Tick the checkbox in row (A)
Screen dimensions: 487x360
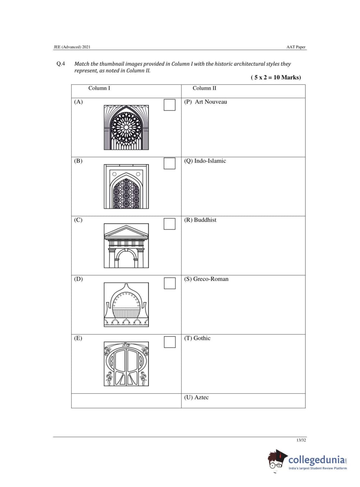[x=170, y=105]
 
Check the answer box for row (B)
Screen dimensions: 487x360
[x=170, y=163]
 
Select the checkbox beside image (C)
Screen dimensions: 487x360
[x=170, y=224]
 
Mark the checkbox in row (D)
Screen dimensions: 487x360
[x=170, y=283]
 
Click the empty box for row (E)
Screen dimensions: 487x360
[x=170, y=342]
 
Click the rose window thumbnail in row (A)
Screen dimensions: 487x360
[x=126, y=127]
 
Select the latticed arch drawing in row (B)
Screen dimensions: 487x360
[x=126, y=186]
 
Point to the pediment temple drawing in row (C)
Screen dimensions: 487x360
[x=126, y=246]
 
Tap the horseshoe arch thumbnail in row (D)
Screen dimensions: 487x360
[x=126, y=305]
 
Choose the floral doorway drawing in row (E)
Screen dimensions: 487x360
[x=126, y=364]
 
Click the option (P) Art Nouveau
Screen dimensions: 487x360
[x=206, y=102]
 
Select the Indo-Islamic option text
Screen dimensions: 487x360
[x=205, y=161]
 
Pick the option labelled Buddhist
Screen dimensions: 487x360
[x=200, y=220]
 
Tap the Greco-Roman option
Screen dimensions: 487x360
[x=206, y=279]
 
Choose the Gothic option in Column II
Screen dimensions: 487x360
[x=197, y=338]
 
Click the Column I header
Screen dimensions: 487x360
[x=99, y=88]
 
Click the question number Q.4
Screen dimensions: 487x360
[x=61, y=64]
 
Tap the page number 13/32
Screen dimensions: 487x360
[x=301, y=440]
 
